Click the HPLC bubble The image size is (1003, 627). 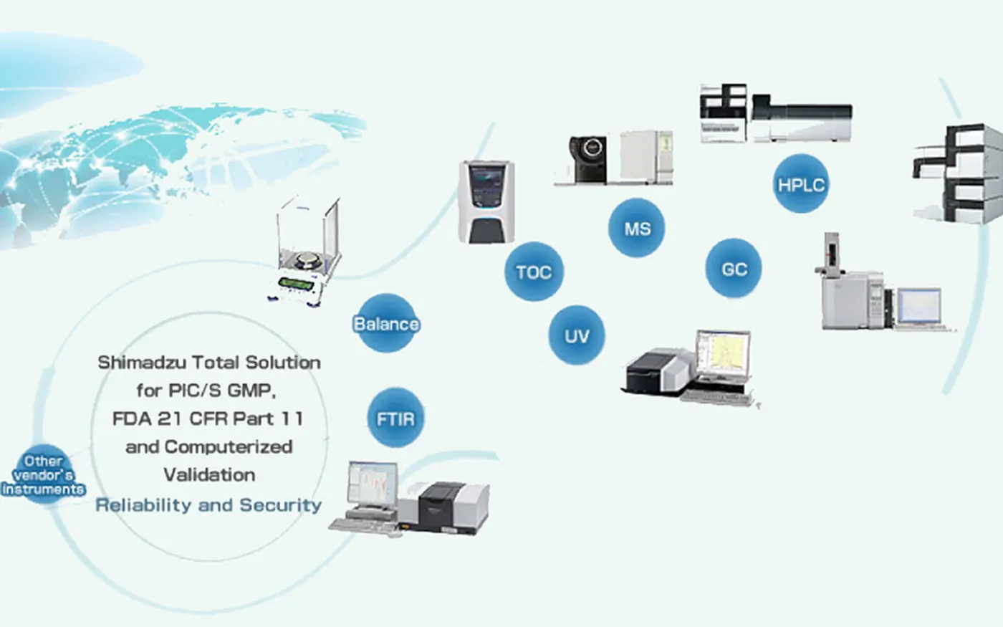(801, 184)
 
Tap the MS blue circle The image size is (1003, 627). (637, 229)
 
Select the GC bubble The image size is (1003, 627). (734, 269)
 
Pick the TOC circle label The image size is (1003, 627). (534, 272)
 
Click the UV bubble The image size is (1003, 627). (576, 335)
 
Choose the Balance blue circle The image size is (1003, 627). (386, 324)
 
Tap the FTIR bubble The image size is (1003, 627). (395, 418)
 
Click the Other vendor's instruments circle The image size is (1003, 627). (43, 475)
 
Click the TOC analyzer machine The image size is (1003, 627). (486, 201)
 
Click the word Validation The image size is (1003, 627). (209, 474)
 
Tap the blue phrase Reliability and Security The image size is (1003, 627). (208, 504)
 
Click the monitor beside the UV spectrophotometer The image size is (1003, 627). (723, 355)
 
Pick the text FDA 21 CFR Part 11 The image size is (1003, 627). (208, 418)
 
